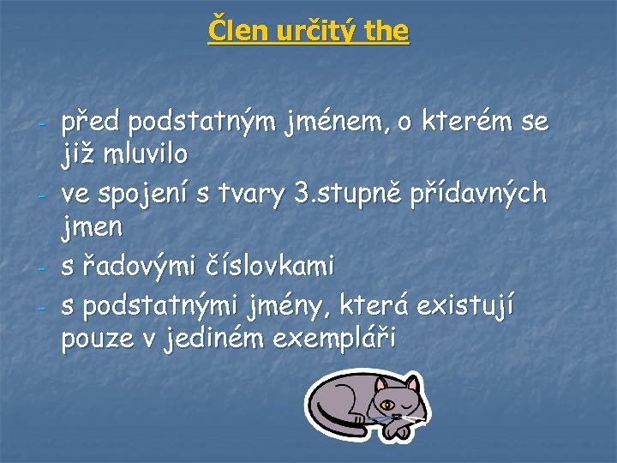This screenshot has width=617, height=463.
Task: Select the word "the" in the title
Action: click(386, 31)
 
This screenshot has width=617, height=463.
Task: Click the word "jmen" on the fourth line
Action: click(92, 228)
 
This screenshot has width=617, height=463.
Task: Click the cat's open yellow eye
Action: click(388, 404)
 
